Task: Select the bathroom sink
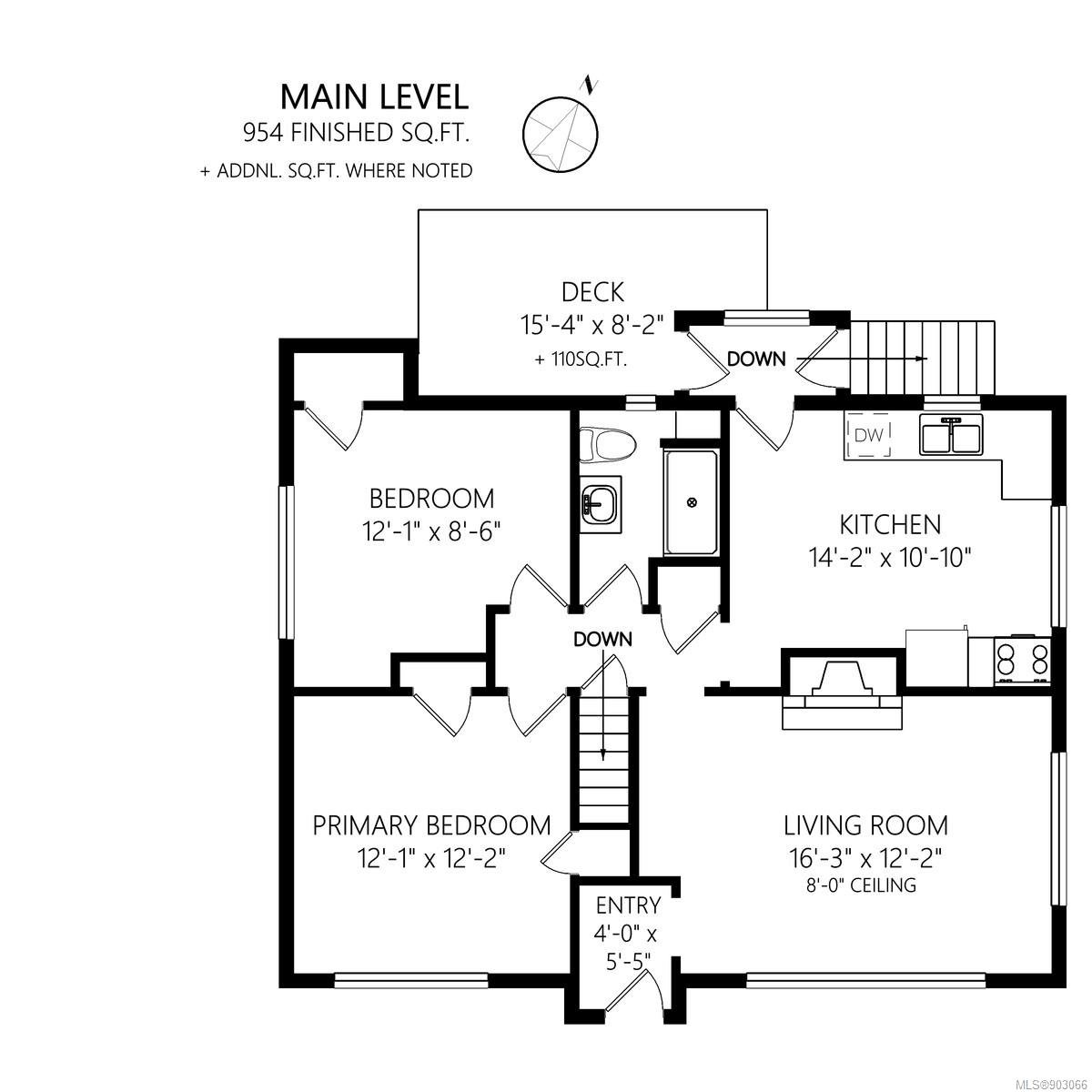coord(600,504)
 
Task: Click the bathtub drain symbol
coord(692,502)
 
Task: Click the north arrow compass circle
coord(560,135)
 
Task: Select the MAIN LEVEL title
coord(375,96)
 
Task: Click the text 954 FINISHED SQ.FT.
coord(357,133)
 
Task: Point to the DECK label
coord(592,292)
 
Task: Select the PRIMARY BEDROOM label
coord(431,825)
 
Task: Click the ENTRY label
coord(628,905)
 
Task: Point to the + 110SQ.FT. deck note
coord(581,359)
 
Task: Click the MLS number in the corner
coord(1054,1082)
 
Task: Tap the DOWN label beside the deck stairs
coord(756,359)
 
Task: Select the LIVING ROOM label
coord(865,825)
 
